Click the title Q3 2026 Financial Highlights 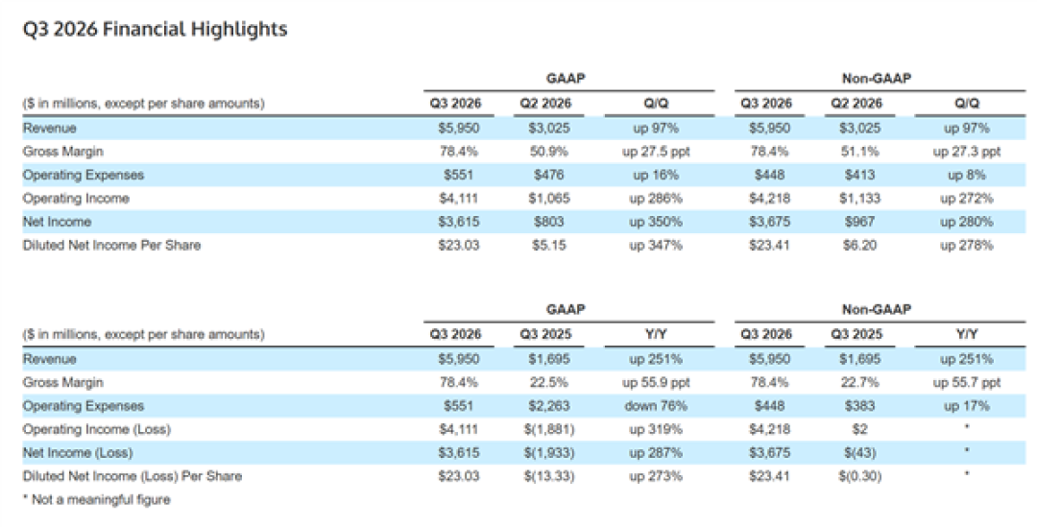pyautogui.click(x=155, y=30)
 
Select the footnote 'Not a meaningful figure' pyautogui.click(x=97, y=500)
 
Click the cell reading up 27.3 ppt pyautogui.click(x=967, y=152)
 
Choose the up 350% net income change pyautogui.click(x=656, y=222)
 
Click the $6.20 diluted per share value pyautogui.click(x=859, y=246)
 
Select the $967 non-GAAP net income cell pyautogui.click(x=859, y=222)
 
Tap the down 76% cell pyautogui.click(x=656, y=406)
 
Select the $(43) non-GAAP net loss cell pyautogui.click(x=859, y=453)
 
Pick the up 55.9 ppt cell pyautogui.click(x=656, y=383)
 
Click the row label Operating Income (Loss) pyautogui.click(x=97, y=429)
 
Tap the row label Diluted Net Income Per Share pyautogui.click(x=111, y=246)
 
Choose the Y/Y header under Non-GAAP pyautogui.click(x=967, y=335)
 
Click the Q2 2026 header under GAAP pyautogui.click(x=545, y=104)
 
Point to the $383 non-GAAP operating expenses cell pyautogui.click(x=859, y=406)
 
